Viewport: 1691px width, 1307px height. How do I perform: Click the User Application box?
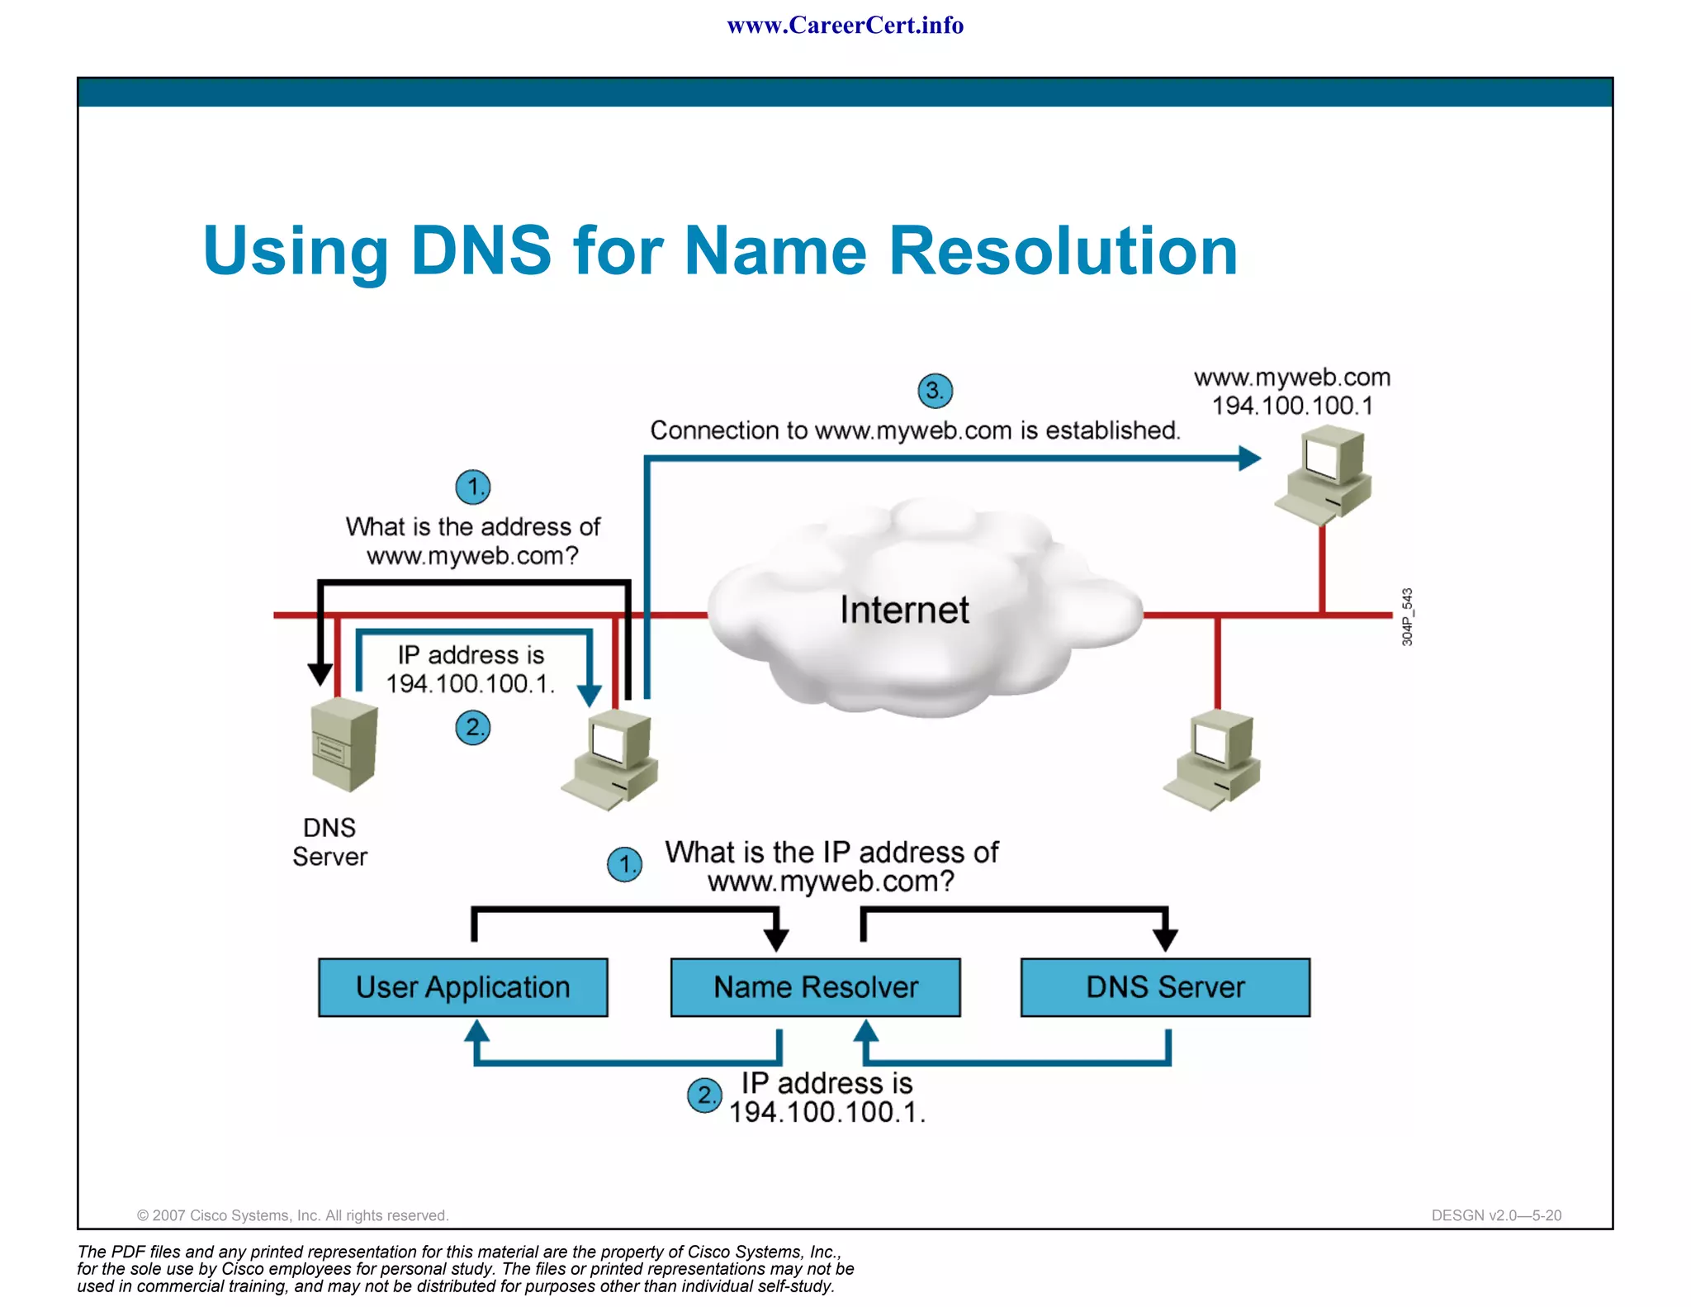(x=462, y=987)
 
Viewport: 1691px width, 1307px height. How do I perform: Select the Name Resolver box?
(x=815, y=987)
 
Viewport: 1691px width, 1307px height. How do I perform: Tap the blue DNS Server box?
(x=1165, y=987)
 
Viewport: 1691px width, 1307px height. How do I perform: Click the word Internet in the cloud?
(x=904, y=611)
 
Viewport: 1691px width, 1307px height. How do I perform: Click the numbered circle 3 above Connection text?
(x=935, y=391)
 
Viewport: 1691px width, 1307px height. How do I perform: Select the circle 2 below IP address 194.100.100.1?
(x=473, y=728)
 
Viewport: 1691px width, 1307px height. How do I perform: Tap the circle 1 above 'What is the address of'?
(x=473, y=487)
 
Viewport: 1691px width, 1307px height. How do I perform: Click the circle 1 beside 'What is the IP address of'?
(x=625, y=865)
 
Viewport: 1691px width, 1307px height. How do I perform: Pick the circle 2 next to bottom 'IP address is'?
(x=704, y=1096)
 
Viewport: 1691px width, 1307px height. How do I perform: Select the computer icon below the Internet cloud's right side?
(x=1212, y=760)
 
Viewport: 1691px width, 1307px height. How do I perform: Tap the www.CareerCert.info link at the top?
(x=845, y=26)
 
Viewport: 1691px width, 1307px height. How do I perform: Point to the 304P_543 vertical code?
(x=1407, y=617)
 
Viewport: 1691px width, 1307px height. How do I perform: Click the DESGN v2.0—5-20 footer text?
(x=1496, y=1215)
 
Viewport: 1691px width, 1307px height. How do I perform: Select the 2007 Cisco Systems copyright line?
(x=292, y=1215)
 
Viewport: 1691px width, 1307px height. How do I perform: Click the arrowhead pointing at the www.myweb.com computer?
(x=1249, y=459)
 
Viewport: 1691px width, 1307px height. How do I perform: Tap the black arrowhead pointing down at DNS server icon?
(x=320, y=674)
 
